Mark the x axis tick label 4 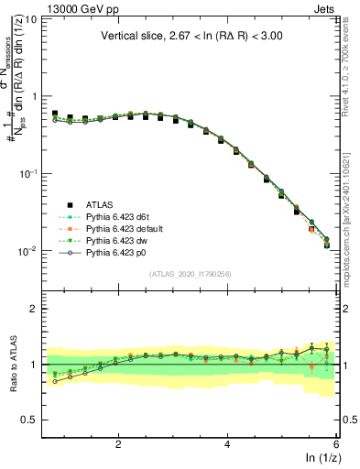click(x=227, y=444)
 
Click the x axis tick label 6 click(x=336, y=444)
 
